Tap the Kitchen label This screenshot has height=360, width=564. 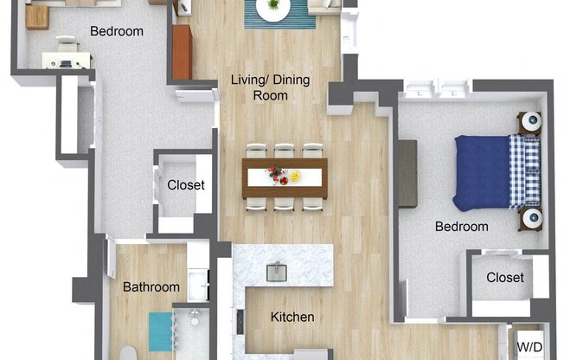point(292,318)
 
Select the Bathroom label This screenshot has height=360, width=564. point(151,287)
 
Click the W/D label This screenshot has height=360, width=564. point(530,346)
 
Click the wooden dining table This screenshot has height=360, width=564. point(285,176)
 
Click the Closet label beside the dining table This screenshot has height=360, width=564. point(186,185)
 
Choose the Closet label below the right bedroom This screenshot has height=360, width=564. point(504,278)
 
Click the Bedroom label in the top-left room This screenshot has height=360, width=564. point(117,31)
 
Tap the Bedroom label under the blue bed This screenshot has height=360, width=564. point(461,227)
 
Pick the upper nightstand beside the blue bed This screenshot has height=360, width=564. point(529,121)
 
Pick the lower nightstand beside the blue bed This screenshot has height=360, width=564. point(529,220)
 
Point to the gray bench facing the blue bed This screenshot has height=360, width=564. point(407,173)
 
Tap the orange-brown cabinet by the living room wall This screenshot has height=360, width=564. point(182,52)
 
